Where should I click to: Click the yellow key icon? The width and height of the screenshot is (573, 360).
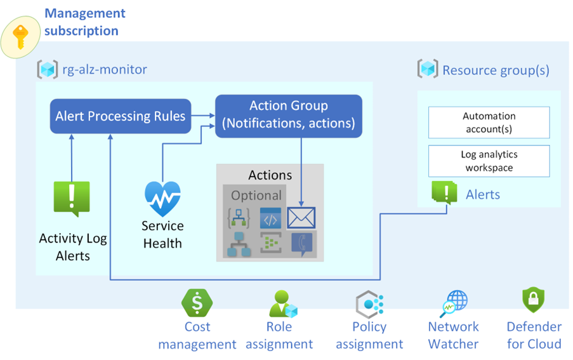20,37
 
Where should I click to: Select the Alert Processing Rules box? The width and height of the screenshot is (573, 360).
121,116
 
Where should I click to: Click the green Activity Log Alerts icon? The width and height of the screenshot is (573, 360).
72,199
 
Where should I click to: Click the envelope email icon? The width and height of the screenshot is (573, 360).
301,218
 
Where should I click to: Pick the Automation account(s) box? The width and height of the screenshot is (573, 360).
489,123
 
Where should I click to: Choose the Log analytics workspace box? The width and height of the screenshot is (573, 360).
489,161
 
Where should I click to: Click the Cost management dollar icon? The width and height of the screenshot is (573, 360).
197,303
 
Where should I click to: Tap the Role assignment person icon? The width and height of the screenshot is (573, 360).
283,303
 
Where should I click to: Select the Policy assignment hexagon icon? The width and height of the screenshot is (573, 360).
369,304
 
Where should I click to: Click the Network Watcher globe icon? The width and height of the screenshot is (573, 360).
454,303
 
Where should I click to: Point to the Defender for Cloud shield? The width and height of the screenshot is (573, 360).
534,300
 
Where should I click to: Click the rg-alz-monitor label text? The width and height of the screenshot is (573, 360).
105,69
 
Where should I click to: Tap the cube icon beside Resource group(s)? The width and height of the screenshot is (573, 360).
428,69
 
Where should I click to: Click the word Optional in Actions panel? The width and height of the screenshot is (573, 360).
256,196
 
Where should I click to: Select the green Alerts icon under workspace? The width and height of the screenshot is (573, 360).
444,192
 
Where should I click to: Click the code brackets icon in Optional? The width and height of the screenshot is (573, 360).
270,218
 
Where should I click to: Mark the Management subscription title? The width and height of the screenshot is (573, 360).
85,22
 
